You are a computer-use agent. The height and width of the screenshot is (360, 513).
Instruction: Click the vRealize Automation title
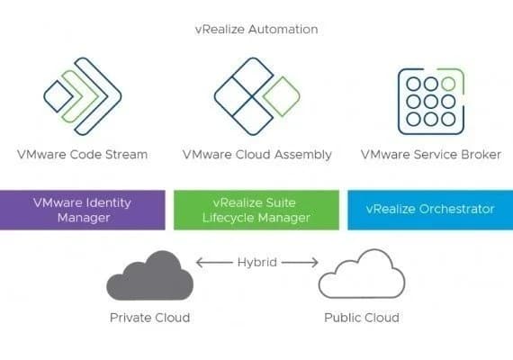tap(256, 29)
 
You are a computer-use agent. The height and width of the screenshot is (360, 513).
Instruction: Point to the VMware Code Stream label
tap(84, 154)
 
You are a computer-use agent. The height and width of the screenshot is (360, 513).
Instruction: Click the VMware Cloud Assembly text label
tap(256, 154)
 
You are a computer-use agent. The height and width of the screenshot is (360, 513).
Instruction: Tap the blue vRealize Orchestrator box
tap(429, 209)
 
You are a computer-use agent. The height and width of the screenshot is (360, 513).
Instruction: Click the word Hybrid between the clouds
tap(256, 263)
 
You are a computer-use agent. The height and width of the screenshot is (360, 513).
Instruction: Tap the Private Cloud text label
tap(149, 318)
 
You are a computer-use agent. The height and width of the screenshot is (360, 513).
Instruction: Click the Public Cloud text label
tap(361, 318)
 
